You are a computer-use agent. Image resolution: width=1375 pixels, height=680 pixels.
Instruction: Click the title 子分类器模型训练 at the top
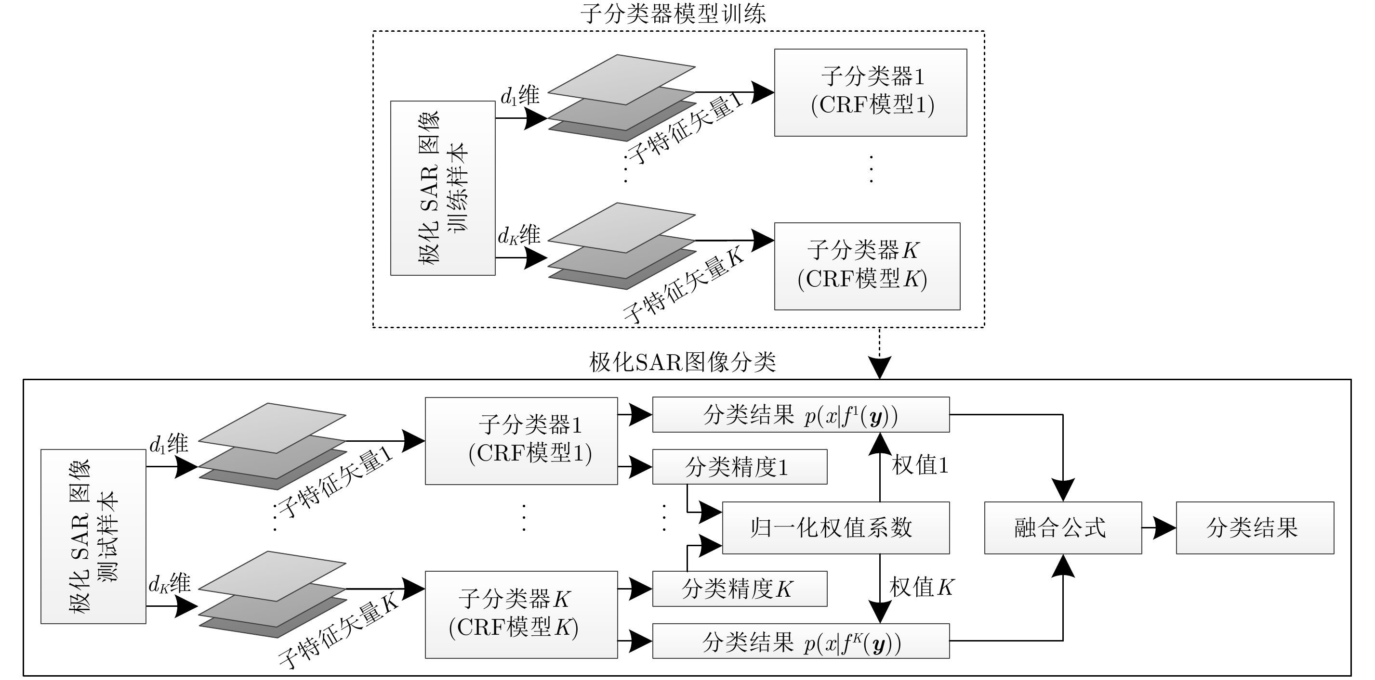coord(674,14)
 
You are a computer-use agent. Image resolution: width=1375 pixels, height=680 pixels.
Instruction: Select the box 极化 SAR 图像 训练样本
coord(442,188)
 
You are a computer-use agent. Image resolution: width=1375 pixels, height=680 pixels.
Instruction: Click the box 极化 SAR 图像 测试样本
coord(93,536)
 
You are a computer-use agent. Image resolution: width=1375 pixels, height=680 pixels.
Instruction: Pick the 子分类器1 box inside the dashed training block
coord(871,92)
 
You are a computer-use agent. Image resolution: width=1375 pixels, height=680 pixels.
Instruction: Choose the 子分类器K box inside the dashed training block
coord(867,266)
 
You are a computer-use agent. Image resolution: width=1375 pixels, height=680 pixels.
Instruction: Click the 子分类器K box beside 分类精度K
coord(521,615)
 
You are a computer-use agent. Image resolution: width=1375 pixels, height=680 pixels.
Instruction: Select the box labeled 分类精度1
coord(739,467)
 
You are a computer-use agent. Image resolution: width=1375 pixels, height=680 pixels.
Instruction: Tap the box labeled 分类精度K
coord(739,589)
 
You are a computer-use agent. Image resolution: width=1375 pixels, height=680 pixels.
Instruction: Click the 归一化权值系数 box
coord(835,528)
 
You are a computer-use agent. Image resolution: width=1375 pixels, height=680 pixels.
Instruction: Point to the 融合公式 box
coord(1063,528)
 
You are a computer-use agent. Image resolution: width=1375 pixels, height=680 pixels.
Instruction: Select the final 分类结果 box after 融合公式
coord(1255,528)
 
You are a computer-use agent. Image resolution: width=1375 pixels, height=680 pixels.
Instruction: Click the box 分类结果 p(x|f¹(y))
coord(801,415)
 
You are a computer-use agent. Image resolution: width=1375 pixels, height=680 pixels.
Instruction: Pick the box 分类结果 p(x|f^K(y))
coord(801,641)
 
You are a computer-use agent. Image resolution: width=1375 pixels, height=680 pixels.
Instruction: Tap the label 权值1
coord(920,465)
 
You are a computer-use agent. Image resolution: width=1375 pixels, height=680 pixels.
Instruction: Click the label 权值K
coord(921,587)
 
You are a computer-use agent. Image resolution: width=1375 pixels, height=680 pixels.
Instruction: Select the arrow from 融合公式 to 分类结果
coord(1159,528)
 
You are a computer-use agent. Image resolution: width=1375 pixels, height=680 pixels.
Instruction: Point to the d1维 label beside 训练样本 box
coord(520,97)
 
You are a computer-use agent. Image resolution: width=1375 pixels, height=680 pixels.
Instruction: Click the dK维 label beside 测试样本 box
coord(169,584)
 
